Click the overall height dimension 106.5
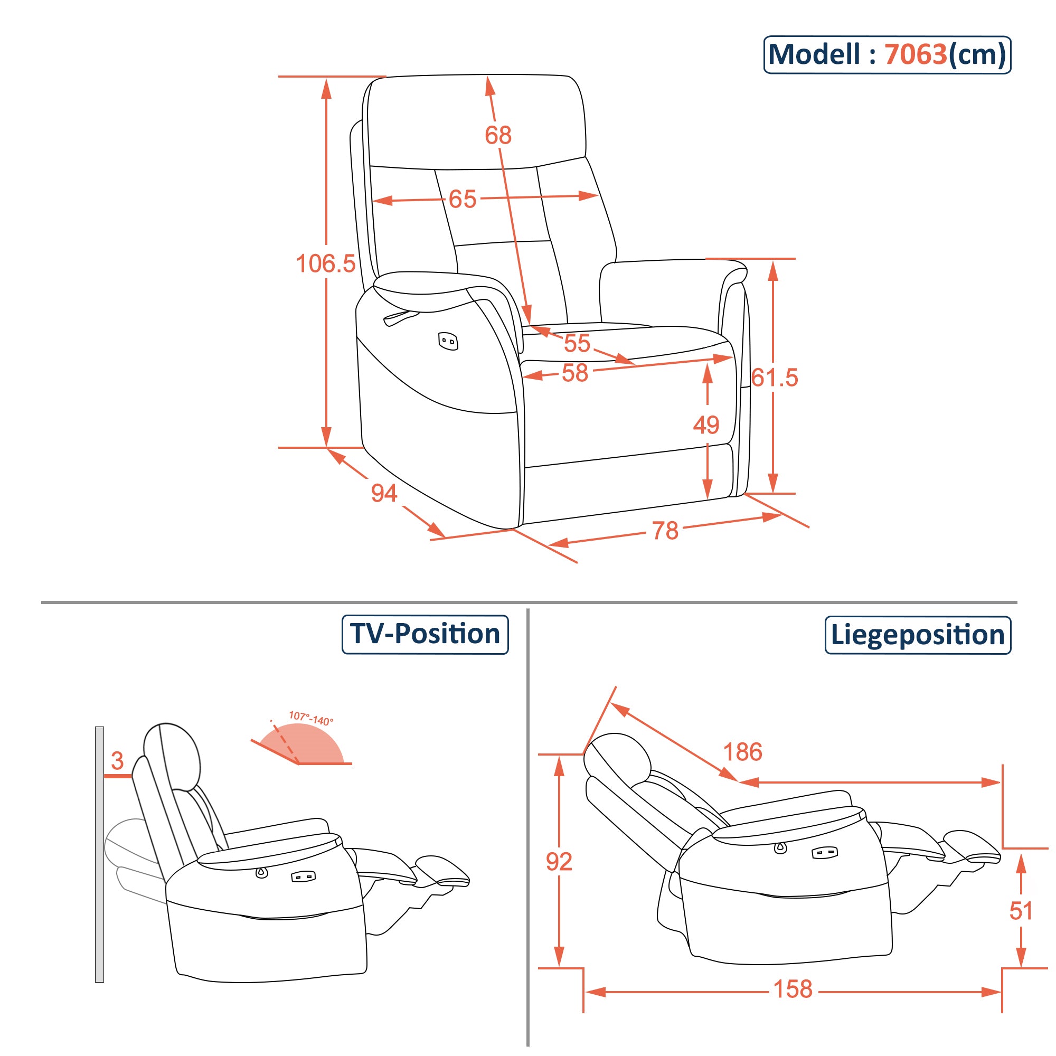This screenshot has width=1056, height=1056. (326, 264)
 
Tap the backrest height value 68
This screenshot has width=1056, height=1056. (498, 135)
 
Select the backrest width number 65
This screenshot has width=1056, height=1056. (463, 200)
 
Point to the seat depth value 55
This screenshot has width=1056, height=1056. (577, 343)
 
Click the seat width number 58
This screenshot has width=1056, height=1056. (574, 373)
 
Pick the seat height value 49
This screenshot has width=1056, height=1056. (705, 425)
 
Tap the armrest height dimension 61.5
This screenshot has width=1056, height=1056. (775, 378)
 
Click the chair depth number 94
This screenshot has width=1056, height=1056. (384, 493)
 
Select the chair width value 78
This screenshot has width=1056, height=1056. (665, 531)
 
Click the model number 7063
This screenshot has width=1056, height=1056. (916, 55)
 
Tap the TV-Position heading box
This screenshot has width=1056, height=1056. (425, 634)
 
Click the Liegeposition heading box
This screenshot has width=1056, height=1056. (917, 635)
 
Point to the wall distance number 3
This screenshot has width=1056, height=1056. (117, 761)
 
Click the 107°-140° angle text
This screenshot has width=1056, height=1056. (311, 718)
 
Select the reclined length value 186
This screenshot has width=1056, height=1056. (742, 752)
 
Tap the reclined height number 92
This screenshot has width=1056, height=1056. (559, 862)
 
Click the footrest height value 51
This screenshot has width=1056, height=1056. (1021, 911)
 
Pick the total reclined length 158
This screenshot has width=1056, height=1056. (793, 989)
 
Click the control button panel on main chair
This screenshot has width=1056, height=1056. (448, 342)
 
